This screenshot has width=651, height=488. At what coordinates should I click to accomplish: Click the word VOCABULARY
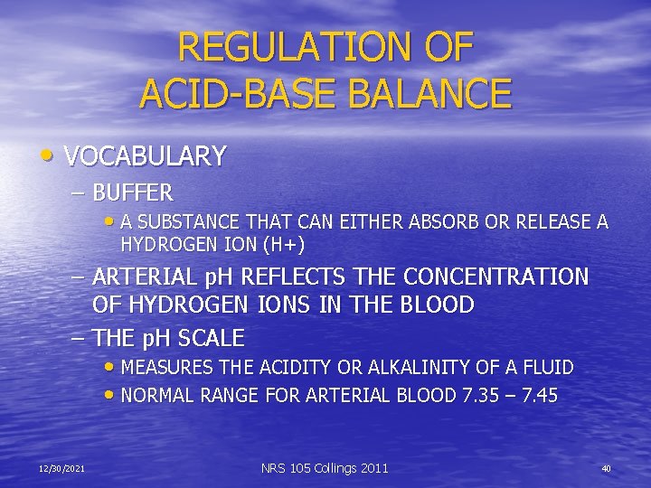(x=145, y=156)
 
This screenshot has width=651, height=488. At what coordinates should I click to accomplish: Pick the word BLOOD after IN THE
(x=433, y=305)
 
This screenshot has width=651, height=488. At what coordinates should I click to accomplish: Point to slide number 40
(x=606, y=468)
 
